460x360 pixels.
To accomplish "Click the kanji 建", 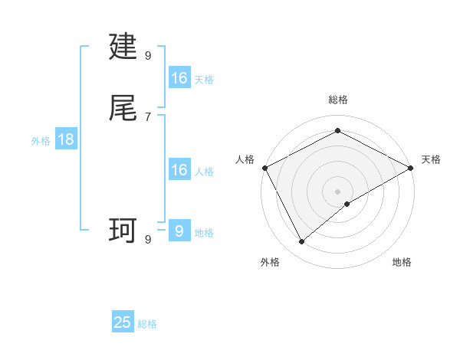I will pyautogui.click(x=123, y=47).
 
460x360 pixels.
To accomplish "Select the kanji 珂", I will pyautogui.click(x=123, y=231).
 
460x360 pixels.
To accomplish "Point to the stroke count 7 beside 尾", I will pyautogui.click(x=148, y=116).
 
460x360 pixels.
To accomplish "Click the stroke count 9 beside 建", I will pyautogui.click(x=148, y=55).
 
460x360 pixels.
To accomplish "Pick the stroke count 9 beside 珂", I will pyautogui.click(x=148, y=239).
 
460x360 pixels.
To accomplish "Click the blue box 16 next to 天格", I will pyautogui.click(x=179, y=78).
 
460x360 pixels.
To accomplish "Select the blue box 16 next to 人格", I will pyautogui.click(x=179, y=170).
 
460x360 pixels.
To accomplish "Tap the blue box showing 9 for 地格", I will pyautogui.click(x=179, y=231).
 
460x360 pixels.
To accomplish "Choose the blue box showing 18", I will pyautogui.click(x=66, y=139).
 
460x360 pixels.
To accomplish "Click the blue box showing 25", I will pyautogui.click(x=123, y=322).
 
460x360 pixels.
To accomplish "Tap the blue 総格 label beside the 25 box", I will pyautogui.click(x=147, y=324).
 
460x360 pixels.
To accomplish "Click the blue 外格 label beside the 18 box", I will pyautogui.click(x=41, y=141).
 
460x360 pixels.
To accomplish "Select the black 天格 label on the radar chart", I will pyautogui.click(x=432, y=159).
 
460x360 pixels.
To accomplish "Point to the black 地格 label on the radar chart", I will pyautogui.click(x=402, y=262).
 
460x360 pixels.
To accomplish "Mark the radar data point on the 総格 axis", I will pyautogui.click(x=337, y=130).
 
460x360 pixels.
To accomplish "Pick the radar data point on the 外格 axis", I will pyautogui.click(x=302, y=242).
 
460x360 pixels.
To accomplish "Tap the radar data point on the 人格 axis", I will pyautogui.click(x=264, y=168).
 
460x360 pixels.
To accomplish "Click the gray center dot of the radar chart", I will pyautogui.click(x=337, y=191).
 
